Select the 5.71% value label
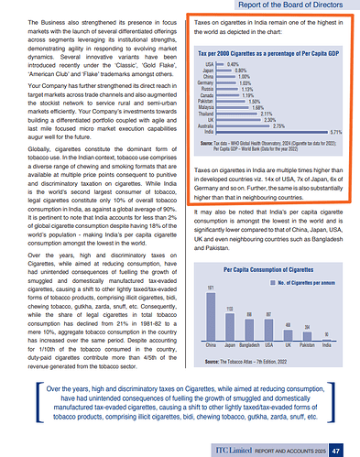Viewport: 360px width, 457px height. coord(336,132)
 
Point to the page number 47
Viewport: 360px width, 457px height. coord(336,449)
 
